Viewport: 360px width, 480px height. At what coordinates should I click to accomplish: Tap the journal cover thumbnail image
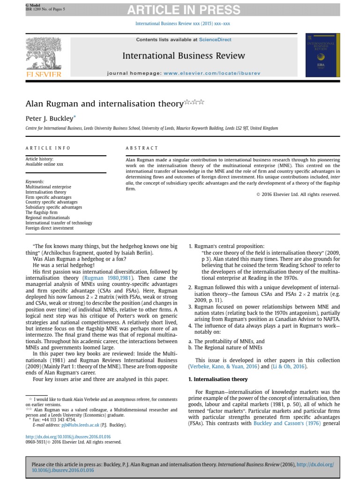point(321,56)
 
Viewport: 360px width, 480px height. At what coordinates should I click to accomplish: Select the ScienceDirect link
point(215,40)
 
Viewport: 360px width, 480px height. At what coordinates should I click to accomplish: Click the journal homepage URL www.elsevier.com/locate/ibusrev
point(211,74)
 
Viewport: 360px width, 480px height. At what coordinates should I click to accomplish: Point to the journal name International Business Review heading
point(183,56)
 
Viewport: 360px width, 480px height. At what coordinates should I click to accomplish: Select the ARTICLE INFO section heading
point(48,148)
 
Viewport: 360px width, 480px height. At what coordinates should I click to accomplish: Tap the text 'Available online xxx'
point(44,164)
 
